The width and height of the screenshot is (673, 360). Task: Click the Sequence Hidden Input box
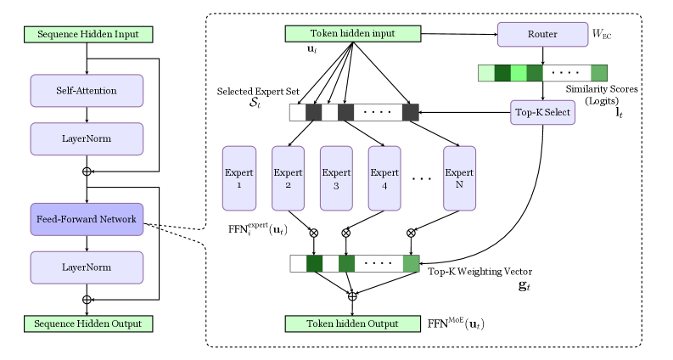tap(87, 35)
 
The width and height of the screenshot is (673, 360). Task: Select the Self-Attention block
tap(87, 90)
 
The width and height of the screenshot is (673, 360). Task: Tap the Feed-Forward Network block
tap(87, 220)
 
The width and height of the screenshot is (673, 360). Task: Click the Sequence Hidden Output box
tap(87, 323)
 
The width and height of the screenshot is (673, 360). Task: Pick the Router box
tap(542, 35)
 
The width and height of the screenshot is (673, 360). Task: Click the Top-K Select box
tap(542, 112)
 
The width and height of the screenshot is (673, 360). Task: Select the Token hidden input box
tap(352, 34)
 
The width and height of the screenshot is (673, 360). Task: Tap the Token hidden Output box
tap(352, 323)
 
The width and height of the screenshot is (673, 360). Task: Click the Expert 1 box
tap(238, 178)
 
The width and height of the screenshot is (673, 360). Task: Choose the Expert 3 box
tap(336, 178)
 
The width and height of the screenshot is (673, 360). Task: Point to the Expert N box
tap(459, 178)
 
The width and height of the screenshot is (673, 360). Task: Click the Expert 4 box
tap(384, 178)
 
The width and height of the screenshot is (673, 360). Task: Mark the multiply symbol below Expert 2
tap(314, 233)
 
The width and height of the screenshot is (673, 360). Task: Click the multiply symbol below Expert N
tap(412, 233)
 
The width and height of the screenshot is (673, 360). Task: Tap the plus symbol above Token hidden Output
tap(352, 295)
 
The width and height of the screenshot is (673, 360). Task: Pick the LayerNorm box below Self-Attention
tap(87, 138)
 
